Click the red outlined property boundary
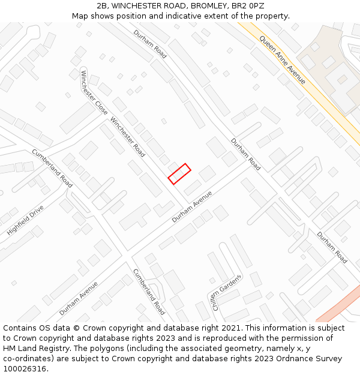pos(179,173)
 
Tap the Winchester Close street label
pos(94,93)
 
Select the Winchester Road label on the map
pos(127,137)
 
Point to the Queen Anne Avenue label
pos(282,59)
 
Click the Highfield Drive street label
pos(25,220)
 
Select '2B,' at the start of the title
pos(102,5)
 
